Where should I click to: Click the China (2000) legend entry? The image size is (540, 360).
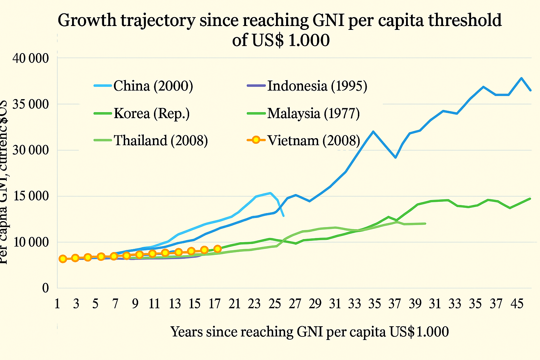(x=153, y=86)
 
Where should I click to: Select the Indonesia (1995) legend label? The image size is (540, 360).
(x=317, y=86)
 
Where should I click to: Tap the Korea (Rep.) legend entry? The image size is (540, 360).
(x=152, y=114)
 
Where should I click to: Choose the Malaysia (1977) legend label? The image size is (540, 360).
(x=313, y=114)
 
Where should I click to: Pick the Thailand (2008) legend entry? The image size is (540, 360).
(x=161, y=140)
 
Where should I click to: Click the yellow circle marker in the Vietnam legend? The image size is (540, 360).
(x=256, y=140)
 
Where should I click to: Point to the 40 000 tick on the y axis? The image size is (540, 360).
(x=31, y=58)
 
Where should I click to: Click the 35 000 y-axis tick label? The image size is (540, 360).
(x=31, y=104)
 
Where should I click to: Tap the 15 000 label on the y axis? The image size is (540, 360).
(x=31, y=196)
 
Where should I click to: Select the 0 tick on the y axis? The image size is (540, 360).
(x=45, y=288)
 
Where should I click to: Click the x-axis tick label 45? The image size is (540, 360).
(x=516, y=304)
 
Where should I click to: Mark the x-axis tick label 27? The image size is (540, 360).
(x=296, y=304)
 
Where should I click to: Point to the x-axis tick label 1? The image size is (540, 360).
(x=57, y=304)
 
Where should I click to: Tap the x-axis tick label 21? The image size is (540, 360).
(x=234, y=304)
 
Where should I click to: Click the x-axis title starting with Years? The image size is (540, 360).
(x=309, y=332)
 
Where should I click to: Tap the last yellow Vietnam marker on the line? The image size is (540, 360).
(x=218, y=249)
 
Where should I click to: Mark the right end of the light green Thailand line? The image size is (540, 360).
(x=425, y=224)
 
